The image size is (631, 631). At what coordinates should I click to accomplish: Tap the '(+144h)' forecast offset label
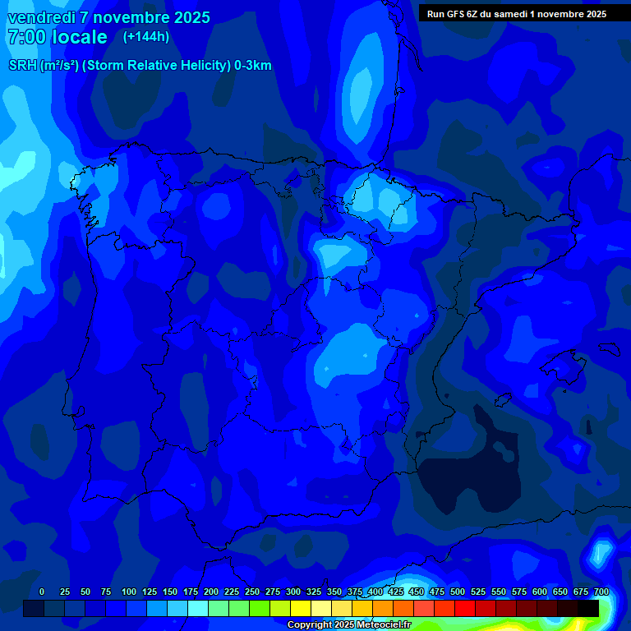(145, 36)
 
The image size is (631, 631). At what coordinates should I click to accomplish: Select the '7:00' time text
(25, 37)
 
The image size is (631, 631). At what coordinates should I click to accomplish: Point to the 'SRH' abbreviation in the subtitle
(22, 66)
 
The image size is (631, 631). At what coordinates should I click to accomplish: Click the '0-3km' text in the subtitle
(253, 66)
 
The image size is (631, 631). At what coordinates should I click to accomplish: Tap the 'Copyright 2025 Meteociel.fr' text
(348, 625)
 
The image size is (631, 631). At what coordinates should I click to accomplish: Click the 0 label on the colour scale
(42, 592)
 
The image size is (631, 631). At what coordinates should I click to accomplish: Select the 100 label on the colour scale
(129, 592)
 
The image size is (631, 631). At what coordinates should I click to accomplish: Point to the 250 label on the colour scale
(252, 592)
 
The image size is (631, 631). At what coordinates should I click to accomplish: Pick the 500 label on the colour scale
(458, 592)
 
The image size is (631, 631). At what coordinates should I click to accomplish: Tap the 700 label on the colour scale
(601, 592)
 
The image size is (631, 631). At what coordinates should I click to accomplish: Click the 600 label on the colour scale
(540, 592)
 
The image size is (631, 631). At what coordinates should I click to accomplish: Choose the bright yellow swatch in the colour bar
(301, 608)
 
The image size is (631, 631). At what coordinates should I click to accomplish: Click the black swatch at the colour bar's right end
(588, 608)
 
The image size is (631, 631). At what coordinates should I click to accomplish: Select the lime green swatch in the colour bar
(260, 608)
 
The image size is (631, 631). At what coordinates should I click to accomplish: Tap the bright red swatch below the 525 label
(465, 608)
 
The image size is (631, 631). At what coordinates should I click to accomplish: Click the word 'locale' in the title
(80, 37)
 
